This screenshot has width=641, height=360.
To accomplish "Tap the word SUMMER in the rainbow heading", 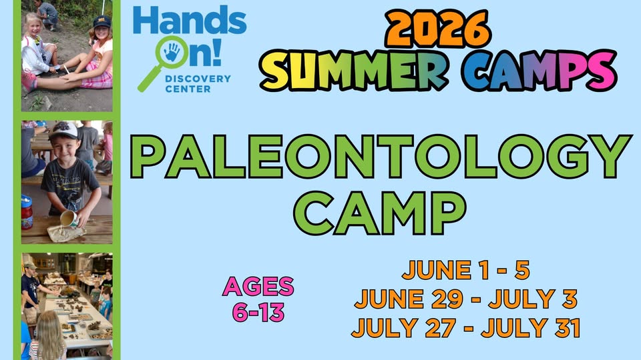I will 353,71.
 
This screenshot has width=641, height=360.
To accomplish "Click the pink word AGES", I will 258,287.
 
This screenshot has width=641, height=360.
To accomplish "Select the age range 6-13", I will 258,312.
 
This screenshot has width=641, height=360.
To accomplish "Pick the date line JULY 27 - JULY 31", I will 465,328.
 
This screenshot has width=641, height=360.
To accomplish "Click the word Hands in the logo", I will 190,21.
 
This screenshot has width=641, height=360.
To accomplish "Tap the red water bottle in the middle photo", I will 27,212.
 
